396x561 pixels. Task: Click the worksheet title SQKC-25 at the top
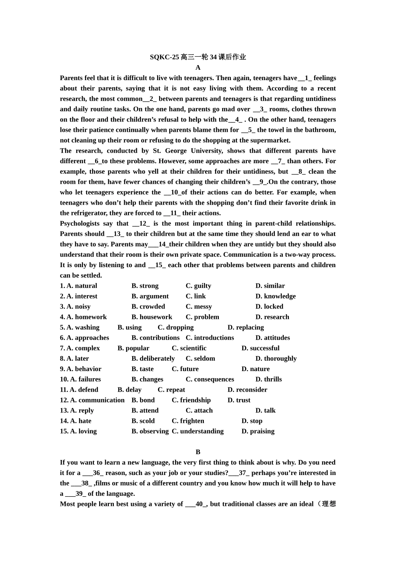198,57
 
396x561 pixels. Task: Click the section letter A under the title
198,68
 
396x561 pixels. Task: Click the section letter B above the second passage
198,452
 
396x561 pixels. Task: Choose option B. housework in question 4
152,317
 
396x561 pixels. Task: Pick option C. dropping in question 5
175,327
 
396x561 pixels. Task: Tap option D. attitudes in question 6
273,338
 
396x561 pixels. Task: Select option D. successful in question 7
260,348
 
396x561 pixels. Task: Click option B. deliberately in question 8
153,359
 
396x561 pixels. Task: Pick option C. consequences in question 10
210,379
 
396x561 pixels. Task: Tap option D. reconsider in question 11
247,390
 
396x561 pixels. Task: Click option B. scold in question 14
143,421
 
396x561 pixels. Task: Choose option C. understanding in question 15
198,431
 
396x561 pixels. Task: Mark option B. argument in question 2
150,296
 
